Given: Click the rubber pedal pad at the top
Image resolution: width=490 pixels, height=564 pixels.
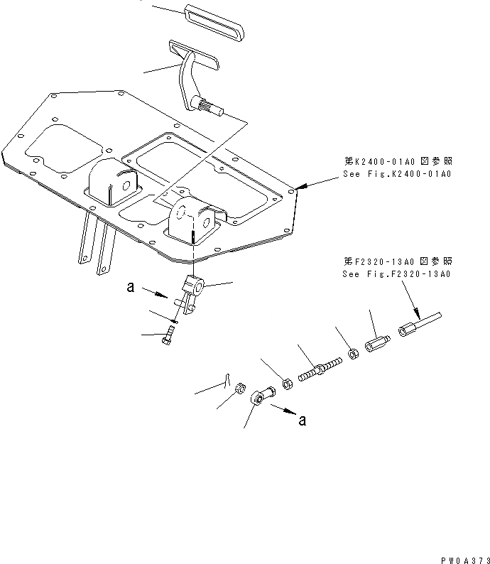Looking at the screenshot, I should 213,21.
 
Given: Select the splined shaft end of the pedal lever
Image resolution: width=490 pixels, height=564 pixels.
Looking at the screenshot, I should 213,109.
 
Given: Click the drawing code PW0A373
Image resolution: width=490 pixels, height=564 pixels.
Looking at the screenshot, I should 464,558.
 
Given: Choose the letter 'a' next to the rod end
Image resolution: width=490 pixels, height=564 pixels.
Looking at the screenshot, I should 303,420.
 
